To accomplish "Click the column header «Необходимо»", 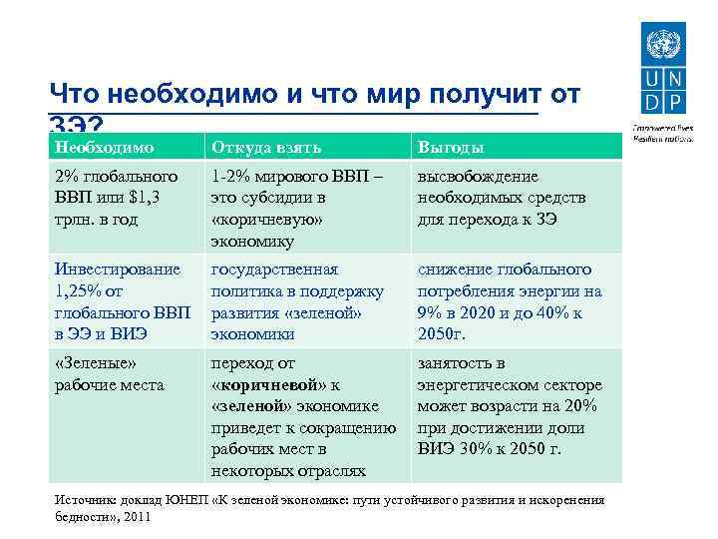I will click(x=104, y=148).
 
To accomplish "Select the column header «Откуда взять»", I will click(x=266, y=148).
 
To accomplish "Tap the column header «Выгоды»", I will click(x=451, y=148).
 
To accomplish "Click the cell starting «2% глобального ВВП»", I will click(x=115, y=197).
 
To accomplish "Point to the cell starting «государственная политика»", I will click(x=298, y=301).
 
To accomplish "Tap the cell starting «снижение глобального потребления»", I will click(x=510, y=301).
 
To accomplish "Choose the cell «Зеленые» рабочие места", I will click(x=109, y=373).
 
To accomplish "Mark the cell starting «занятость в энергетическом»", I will click(x=510, y=405).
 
